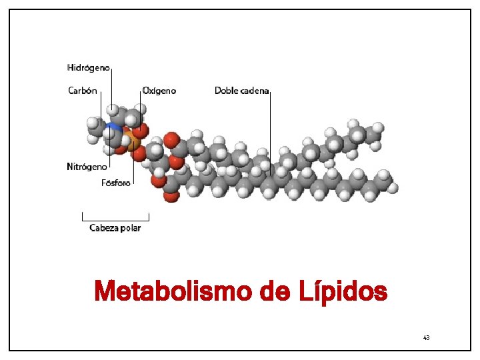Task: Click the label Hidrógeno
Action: [89, 67]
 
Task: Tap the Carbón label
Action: [83, 91]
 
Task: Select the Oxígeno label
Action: [159, 91]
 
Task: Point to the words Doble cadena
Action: [241, 91]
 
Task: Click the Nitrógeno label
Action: [87, 167]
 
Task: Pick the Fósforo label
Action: [115, 182]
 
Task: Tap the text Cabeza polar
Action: [115, 228]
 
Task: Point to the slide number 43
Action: [426, 338]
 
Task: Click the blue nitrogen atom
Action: [115, 127]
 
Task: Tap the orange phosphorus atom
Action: [132, 142]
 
